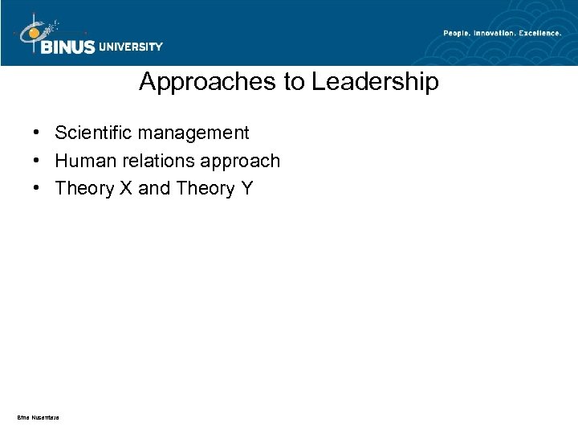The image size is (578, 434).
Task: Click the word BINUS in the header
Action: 67,47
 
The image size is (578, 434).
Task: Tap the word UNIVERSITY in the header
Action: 131,47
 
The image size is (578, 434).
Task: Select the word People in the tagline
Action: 458,32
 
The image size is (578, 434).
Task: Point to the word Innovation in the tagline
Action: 499,32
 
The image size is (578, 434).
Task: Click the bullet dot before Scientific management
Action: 37,132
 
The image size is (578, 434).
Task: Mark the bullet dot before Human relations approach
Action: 37,162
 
